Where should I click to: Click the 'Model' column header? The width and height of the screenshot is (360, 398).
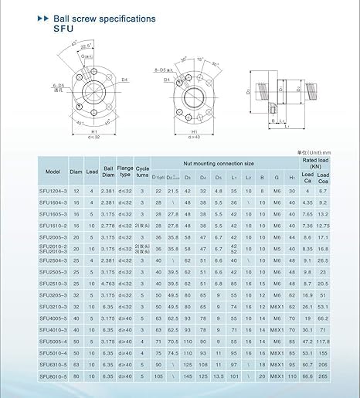click(53, 172)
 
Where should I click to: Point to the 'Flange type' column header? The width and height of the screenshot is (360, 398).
click(125, 172)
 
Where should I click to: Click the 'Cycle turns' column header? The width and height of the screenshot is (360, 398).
click(143, 172)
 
